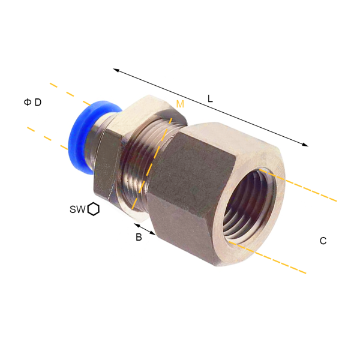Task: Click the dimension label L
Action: coord(210,99)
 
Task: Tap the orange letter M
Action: coord(180,104)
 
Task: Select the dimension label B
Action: coord(139,237)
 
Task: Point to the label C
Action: coord(323,241)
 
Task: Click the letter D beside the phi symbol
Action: coord(38,102)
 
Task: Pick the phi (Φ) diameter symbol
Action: coord(28,102)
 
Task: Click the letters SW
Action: coord(77,209)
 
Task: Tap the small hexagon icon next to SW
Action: coord(94,209)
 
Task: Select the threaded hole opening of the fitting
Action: coord(250,205)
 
